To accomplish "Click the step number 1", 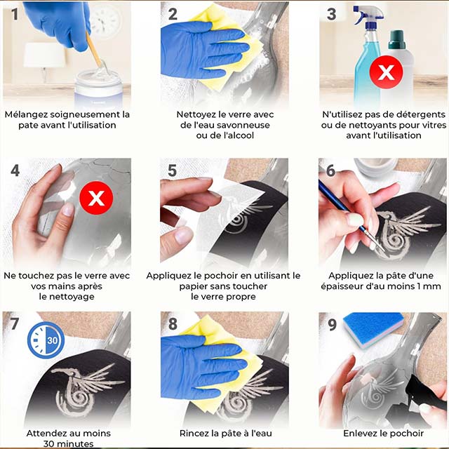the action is [x=15, y=14].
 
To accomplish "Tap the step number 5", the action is [x=173, y=170].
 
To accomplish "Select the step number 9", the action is [x=332, y=325].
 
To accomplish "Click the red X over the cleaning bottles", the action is [x=387, y=72].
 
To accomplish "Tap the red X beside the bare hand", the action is [x=96, y=198].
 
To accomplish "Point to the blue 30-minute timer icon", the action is [x=46, y=340].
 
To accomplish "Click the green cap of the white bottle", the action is [x=396, y=39].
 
